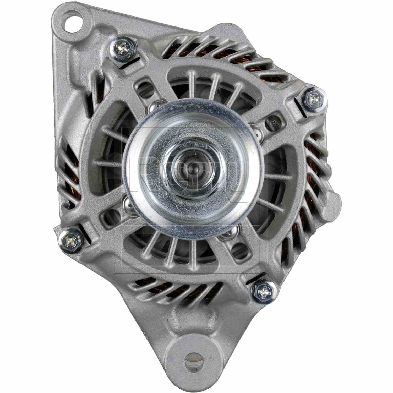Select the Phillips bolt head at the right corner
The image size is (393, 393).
314,99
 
